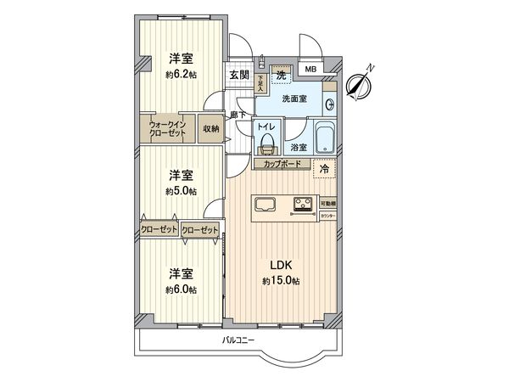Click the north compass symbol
361,81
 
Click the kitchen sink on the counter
265,203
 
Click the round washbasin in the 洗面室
330,104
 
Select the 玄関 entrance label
238,75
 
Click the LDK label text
281,264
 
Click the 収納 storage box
210,129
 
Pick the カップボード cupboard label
282,163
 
